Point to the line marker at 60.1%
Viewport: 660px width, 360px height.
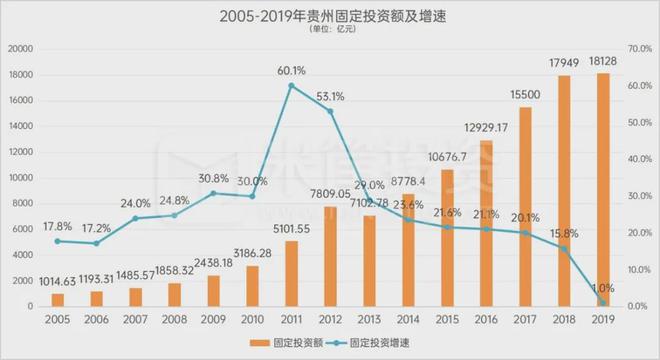[291, 86]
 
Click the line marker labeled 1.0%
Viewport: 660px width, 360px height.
[602, 302]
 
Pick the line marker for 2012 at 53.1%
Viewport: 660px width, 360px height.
[330, 111]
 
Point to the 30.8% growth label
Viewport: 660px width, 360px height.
[213, 177]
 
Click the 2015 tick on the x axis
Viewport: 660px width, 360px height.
[447, 321]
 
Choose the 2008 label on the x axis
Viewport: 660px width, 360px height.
[175, 321]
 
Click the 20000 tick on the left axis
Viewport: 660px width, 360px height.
[22, 49]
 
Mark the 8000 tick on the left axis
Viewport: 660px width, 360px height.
[25, 203]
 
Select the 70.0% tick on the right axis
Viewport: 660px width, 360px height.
[635, 49]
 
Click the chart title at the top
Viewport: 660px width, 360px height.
[329, 15]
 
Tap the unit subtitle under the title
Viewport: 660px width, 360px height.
[329, 30]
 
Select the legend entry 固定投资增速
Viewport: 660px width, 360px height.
[385, 342]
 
